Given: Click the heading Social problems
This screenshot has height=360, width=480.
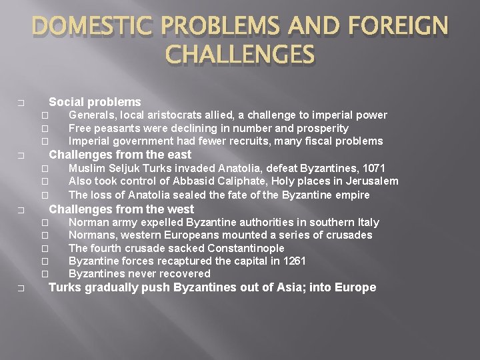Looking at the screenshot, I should coord(95,102).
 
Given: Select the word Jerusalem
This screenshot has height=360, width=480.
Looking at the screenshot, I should coord(370,181).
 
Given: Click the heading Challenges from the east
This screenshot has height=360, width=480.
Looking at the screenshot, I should coord(121,155).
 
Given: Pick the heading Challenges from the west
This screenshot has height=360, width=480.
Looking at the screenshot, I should coord(121,209).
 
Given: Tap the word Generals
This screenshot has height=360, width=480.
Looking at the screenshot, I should coord(92,115).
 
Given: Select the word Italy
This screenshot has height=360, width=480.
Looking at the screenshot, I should coord(366,222).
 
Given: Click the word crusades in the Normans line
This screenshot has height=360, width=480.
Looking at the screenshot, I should coord(349,235).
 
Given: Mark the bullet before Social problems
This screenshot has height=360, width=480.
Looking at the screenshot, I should coord(21,103).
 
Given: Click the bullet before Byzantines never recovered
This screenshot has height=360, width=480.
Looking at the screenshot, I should coord(45,274).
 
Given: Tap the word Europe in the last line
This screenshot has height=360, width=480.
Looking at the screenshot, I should coord(357,287).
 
